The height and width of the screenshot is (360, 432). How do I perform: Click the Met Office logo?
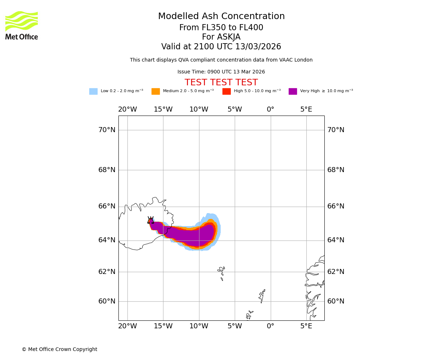coord(22,25)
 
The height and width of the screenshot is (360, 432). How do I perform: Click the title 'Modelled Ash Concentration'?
coord(221,17)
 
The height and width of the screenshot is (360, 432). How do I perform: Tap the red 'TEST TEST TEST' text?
coord(221,83)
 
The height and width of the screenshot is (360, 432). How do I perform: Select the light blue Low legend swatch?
coord(93,91)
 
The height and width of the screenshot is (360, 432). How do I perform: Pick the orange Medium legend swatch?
coord(156,91)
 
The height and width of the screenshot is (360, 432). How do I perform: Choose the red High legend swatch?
coord(226,91)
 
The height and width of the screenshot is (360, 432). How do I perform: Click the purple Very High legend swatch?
coord(293,91)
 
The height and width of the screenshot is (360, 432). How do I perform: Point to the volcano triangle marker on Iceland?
coord(150,221)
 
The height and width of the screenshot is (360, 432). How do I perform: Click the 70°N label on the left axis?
coord(107,130)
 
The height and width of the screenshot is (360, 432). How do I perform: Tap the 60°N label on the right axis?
coord(336,301)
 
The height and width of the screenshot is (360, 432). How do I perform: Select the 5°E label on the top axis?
coord(306,109)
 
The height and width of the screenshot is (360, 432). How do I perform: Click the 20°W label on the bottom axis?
coord(127,326)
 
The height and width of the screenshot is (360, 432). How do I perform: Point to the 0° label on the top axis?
coord(270,109)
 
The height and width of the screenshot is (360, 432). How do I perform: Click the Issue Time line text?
coord(221,72)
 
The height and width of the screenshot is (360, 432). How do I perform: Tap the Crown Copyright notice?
coord(59,350)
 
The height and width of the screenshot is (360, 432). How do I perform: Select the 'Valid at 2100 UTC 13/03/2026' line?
coord(221,47)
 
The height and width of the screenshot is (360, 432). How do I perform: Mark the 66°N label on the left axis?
coord(107,206)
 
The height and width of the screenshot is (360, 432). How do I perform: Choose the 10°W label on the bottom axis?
coord(199,326)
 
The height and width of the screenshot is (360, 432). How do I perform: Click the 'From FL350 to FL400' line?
coord(221,28)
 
